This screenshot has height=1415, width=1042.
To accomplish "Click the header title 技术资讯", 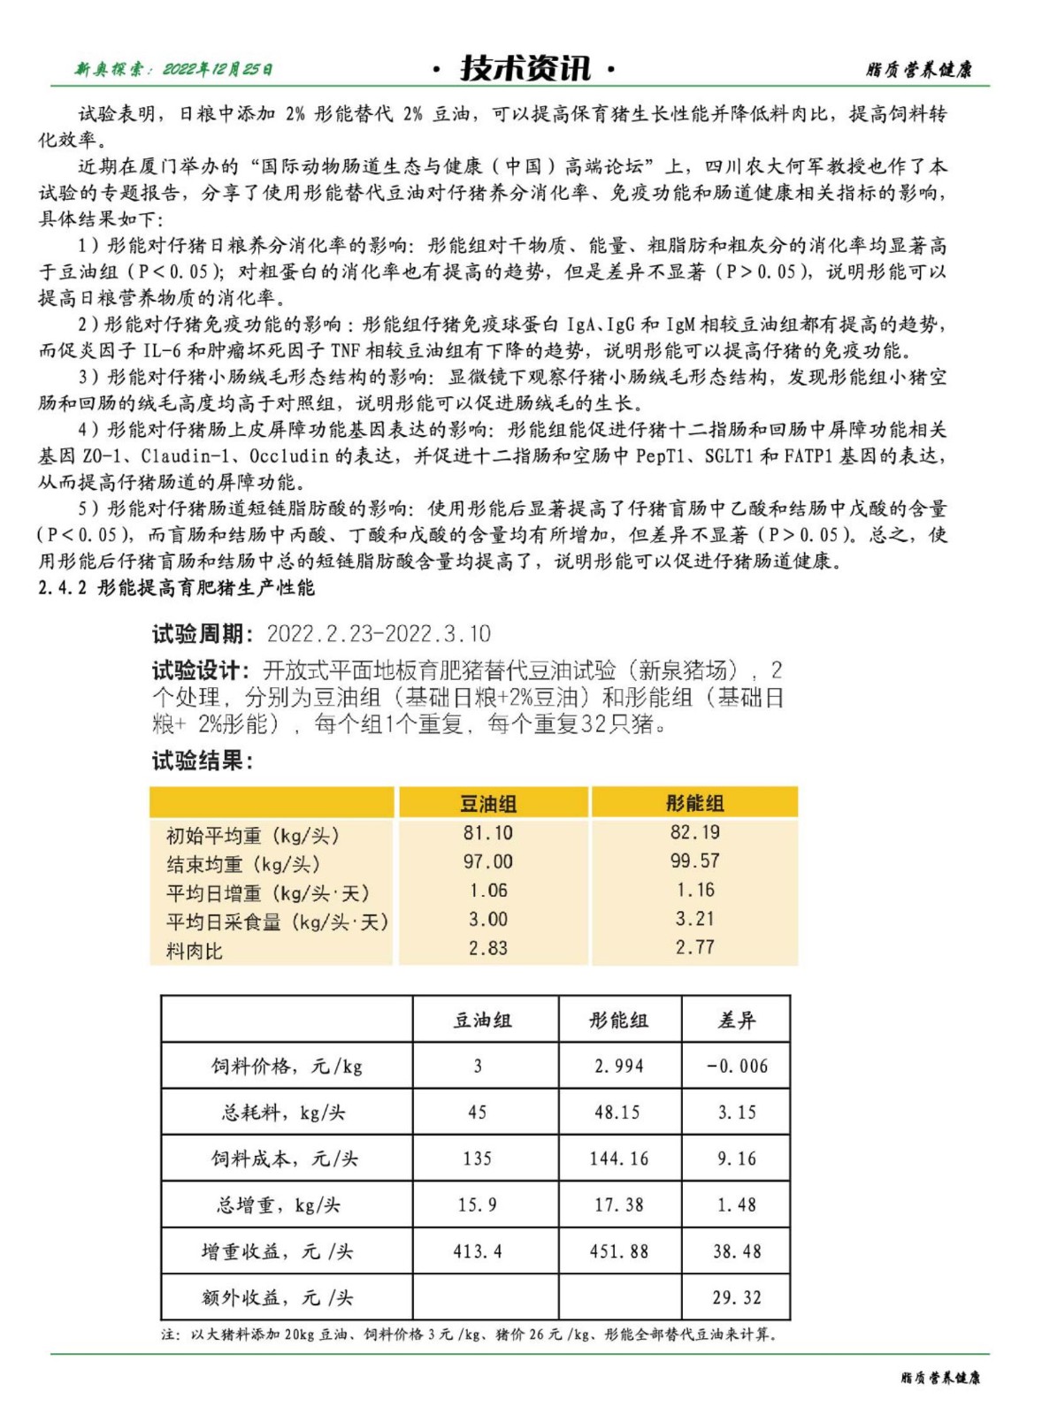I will [x=525, y=68].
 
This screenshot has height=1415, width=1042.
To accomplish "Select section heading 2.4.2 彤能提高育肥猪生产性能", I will [x=176, y=587].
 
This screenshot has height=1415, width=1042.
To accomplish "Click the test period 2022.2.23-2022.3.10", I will [x=379, y=633].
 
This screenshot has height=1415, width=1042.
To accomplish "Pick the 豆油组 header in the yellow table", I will [x=488, y=803].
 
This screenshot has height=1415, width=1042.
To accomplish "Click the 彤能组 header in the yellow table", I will [x=694, y=803].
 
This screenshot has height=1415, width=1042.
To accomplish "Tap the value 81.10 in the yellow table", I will [x=488, y=832].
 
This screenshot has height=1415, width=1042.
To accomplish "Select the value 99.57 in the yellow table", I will [x=694, y=860].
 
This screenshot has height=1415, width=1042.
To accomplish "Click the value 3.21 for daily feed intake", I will [x=694, y=919].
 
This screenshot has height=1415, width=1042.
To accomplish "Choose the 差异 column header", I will [x=736, y=1020].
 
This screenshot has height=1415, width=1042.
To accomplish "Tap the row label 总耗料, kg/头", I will [x=283, y=1112].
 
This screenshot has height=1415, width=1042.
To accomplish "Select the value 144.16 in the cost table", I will [x=618, y=1159].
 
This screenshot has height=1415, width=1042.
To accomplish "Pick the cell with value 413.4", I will [x=478, y=1251].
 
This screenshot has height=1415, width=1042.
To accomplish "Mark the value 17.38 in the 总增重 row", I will [x=618, y=1205].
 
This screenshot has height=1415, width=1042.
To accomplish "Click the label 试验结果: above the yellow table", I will [x=203, y=761].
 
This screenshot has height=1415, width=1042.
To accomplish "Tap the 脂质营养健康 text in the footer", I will [x=940, y=1377].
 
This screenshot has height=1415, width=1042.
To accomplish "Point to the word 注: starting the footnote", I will [x=171, y=1334].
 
